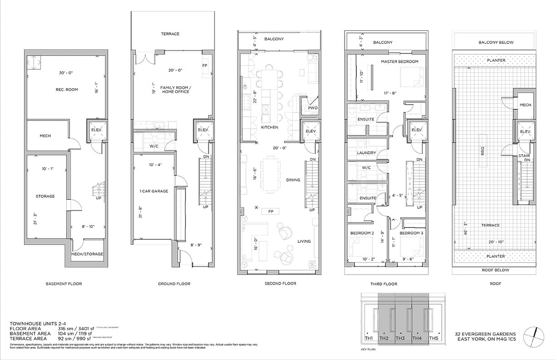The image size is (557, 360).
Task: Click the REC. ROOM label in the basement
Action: (64, 89)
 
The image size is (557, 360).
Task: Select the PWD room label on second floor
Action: (312, 108)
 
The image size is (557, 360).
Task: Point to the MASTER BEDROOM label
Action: (399, 61)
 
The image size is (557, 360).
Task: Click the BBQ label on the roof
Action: (483, 149)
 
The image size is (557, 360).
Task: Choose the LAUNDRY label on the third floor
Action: (366, 153)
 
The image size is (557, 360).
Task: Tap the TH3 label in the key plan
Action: (400, 338)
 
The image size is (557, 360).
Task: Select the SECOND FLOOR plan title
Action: (280, 284)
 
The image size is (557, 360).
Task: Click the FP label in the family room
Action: (205, 65)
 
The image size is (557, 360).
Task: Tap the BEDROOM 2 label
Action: (362, 233)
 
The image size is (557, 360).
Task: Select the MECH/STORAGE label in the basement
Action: (87, 254)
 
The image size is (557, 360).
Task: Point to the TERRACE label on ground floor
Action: (170, 34)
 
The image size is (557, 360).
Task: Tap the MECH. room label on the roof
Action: (525, 104)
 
